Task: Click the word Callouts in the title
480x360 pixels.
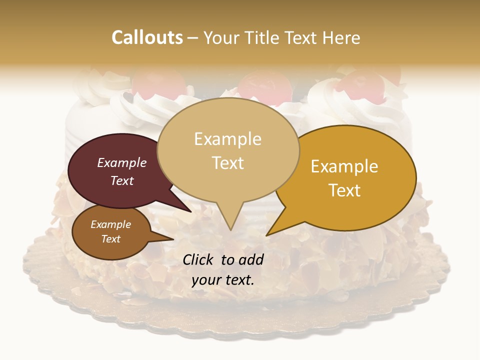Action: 147,37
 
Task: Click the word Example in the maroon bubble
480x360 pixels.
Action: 121,162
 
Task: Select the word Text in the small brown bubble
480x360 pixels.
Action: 111,239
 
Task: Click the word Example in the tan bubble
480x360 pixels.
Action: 227,139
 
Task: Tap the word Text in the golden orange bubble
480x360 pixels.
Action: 344,190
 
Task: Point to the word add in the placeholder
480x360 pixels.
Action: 250,259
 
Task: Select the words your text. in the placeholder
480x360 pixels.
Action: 223,280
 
